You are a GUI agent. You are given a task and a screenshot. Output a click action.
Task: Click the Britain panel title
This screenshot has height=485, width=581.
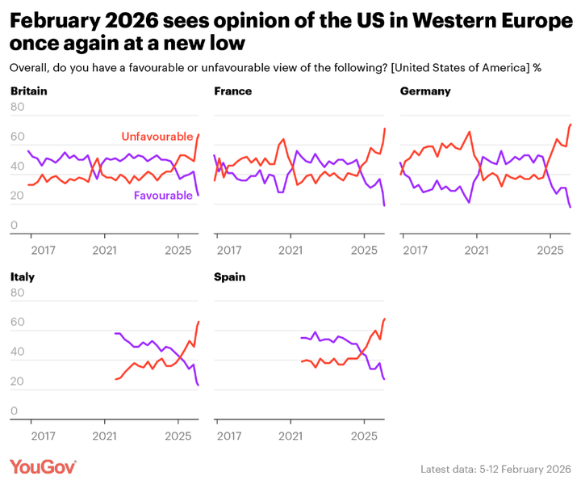[29, 91]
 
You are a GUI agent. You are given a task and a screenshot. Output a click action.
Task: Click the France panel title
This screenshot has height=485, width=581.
[233, 91]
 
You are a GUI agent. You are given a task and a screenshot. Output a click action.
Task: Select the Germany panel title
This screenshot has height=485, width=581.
[425, 91]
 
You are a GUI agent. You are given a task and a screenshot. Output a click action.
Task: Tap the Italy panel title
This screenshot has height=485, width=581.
[23, 276]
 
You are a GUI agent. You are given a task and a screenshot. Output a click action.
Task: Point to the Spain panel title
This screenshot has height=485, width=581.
[230, 276]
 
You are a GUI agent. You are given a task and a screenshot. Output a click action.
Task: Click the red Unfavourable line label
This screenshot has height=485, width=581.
[157, 137]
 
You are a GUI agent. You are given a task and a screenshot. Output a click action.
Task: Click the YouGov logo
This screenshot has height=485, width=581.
[44, 466]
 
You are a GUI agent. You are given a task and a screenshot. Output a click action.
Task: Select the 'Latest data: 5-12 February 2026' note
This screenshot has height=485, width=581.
[495, 469]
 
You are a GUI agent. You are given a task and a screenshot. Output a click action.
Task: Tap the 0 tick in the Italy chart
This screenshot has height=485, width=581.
[14, 411]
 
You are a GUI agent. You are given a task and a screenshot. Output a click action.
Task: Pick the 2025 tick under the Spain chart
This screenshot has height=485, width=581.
[364, 436]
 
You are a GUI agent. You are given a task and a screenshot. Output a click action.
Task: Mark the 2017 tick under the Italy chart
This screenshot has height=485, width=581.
[31, 436]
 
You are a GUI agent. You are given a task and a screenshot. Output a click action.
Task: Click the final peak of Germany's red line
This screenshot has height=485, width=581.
[571, 124]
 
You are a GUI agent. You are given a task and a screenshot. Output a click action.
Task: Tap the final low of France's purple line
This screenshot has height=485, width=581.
[384, 206]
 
